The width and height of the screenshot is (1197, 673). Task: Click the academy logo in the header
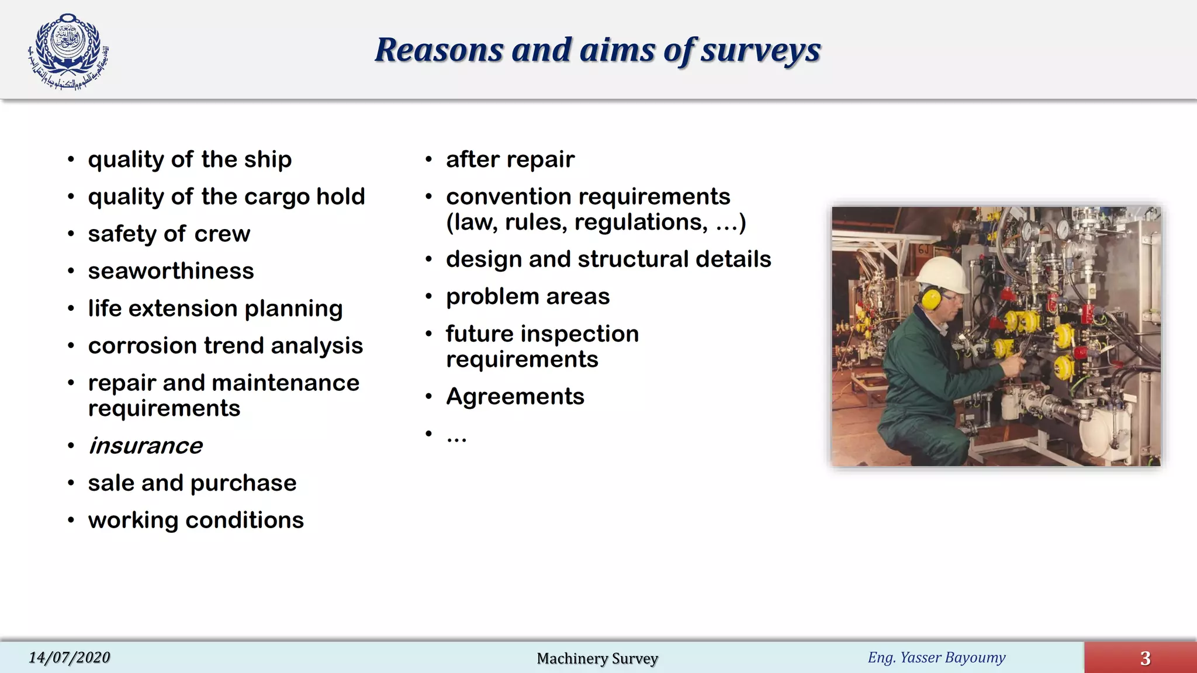click(x=68, y=51)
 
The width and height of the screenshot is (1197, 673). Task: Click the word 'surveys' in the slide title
click(x=760, y=50)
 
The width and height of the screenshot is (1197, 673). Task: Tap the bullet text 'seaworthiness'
click(x=171, y=271)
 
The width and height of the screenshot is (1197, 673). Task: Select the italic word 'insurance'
click(x=145, y=446)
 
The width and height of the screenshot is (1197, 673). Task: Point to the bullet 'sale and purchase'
click(x=192, y=483)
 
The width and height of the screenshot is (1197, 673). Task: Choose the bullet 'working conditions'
click(x=196, y=520)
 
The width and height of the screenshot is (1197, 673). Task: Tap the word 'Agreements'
click(x=515, y=397)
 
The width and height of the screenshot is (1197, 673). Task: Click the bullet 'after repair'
click(x=510, y=159)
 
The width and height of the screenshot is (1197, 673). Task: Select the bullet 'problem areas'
click(x=528, y=297)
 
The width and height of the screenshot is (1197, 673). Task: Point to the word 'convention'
click(x=508, y=197)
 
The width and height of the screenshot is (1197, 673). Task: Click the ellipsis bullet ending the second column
click(x=456, y=436)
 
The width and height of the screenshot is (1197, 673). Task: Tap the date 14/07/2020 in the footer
click(x=69, y=658)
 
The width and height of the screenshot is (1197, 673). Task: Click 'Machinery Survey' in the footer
click(x=597, y=658)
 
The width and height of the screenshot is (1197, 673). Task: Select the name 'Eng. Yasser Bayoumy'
click(x=936, y=658)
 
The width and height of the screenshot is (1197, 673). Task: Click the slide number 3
click(x=1145, y=658)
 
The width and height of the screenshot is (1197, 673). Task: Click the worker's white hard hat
click(x=942, y=273)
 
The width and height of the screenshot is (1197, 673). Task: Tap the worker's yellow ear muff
click(x=930, y=298)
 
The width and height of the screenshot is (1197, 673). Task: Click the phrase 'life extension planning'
click(x=215, y=308)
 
